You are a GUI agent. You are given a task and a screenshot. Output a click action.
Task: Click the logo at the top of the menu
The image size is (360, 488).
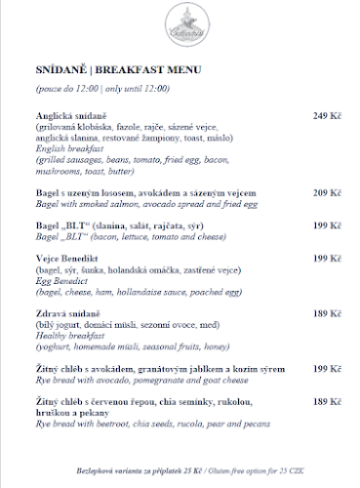(180, 21)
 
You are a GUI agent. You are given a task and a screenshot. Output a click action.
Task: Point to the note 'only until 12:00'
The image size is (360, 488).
(137, 89)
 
